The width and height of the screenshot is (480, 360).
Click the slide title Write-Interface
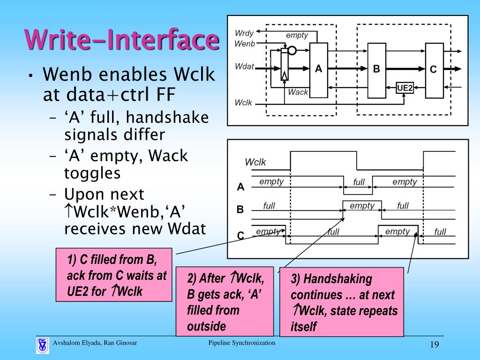pyautogui.click(x=122, y=40)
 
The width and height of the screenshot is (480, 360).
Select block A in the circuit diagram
pyautogui.click(x=319, y=68)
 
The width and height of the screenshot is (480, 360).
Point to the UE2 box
pyautogui.click(x=405, y=87)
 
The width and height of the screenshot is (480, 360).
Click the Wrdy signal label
pyautogui.click(x=244, y=34)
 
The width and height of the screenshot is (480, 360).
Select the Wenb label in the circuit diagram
pyautogui.click(x=244, y=44)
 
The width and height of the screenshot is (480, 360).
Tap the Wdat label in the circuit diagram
pyautogui.click(x=244, y=67)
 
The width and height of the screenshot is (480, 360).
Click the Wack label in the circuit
pyautogui.click(x=298, y=92)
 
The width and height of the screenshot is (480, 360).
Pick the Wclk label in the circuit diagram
pyautogui.click(x=243, y=102)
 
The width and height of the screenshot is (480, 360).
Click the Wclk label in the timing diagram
pyautogui.click(x=255, y=162)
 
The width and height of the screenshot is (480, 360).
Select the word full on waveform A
pyautogui.click(x=359, y=182)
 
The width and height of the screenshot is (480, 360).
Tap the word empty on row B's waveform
pyautogui.click(x=362, y=206)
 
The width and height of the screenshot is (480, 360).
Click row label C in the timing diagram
pyautogui.click(x=240, y=236)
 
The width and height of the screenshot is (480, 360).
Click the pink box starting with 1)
pyautogui.click(x=113, y=275)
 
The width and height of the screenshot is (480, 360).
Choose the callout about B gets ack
pyautogui.click(x=225, y=301)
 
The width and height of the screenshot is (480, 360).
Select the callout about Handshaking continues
pyautogui.click(x=341, y=302)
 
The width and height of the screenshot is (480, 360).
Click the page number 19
pyautogui.click(x=434, y=345)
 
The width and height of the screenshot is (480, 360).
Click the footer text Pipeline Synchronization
pyautogui.click(x=242, y=343)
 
